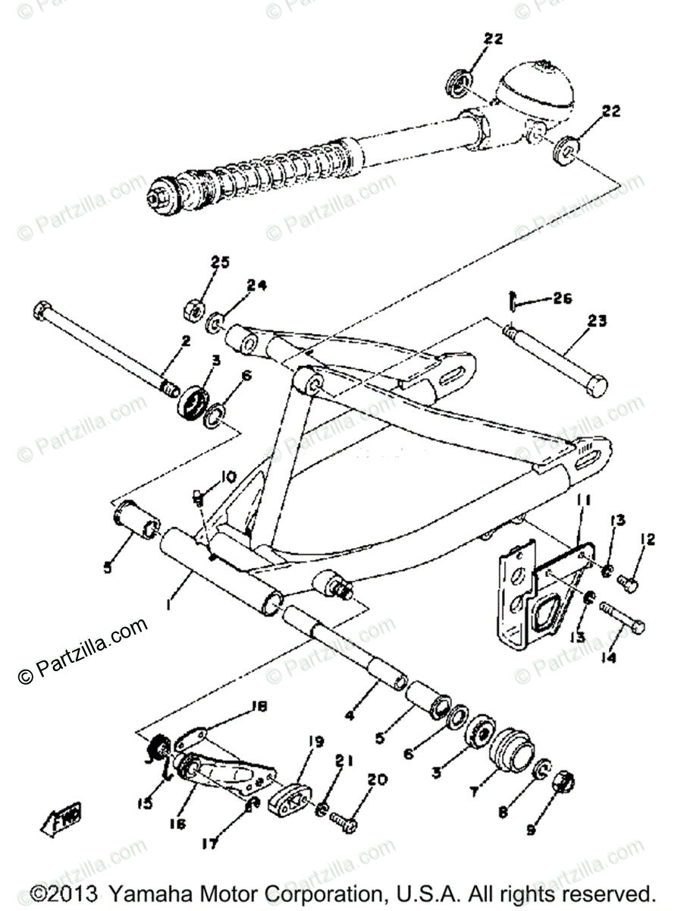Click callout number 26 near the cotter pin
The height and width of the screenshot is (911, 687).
tap(563, 298)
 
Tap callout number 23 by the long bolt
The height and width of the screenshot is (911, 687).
tap(598, 321)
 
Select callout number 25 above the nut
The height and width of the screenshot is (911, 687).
tap(219, 263)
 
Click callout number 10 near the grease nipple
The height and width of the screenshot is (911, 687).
tap(228, 477)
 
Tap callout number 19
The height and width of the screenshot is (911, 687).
tap(315, 742)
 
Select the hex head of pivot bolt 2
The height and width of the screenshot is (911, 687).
tap(42, 312)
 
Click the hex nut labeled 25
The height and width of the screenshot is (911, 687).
tap(192, 310)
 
